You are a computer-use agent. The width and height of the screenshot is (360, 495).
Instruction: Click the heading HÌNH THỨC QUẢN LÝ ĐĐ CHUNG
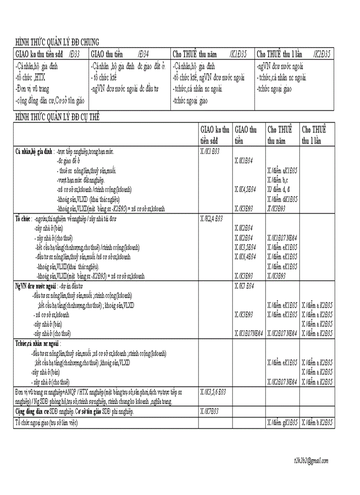coord(57,42)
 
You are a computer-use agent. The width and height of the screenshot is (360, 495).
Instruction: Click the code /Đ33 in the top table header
coord(74,54)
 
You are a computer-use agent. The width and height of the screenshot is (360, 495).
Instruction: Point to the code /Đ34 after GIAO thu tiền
coord(143,54)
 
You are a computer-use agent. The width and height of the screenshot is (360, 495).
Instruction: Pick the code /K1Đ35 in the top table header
coord(238,54)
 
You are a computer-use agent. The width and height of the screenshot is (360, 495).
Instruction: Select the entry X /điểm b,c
coord(278,180)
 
